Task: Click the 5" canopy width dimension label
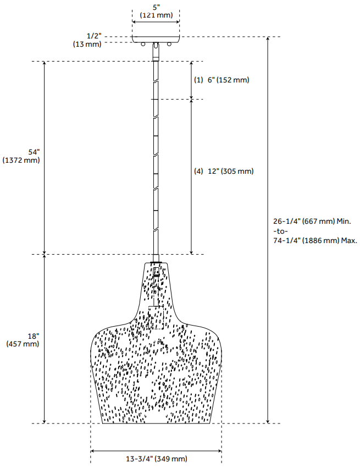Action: (x=156, y=7)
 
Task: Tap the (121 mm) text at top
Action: (x=156, y=15)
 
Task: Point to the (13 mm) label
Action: (x=87, y=44)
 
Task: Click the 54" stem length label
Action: (x=34, y=151)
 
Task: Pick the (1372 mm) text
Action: (x=21, y=160)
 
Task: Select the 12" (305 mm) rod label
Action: (x=230, y=171)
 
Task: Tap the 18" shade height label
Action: (x=33, y=335)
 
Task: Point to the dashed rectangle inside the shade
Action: (x=156, y=317)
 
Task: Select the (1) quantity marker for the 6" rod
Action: (x=199, y=80)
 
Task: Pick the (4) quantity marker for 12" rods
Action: (x=199, y=171)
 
